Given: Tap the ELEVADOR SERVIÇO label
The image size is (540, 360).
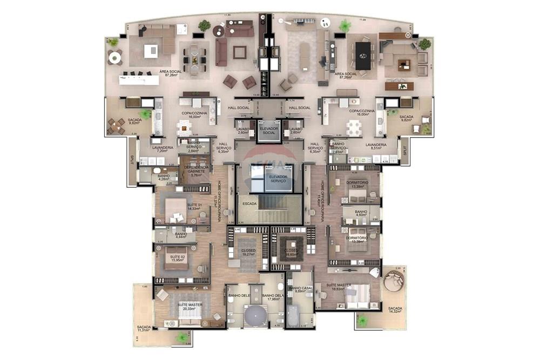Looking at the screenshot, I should (279, 178).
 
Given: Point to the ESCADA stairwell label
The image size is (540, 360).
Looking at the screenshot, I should (249, 204).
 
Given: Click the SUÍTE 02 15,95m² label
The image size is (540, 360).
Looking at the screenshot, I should (177, 258).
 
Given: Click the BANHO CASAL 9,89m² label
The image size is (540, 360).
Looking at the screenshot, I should (301, 289).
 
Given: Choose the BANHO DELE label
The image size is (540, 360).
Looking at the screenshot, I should (238, 295).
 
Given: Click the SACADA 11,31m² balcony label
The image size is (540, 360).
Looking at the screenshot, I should (144, 329).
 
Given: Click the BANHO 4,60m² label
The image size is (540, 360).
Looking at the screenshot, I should (361, 213).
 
